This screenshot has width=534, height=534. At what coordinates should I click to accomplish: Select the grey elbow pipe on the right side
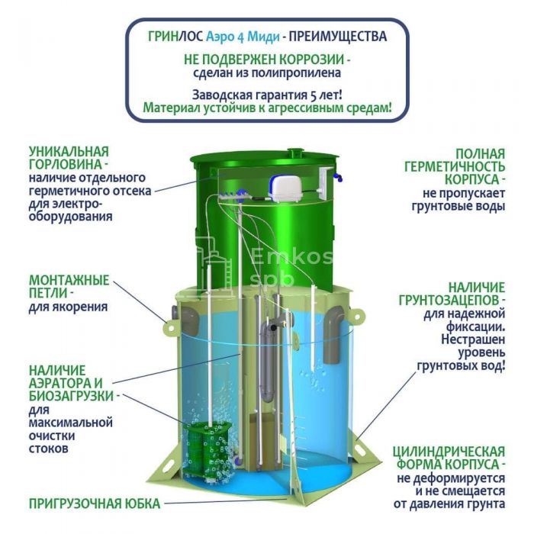tap(334, 334)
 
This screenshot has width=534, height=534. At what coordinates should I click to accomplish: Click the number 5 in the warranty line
tap(314, 95)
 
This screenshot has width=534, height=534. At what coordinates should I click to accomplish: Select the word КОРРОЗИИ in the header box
tap(311, 59)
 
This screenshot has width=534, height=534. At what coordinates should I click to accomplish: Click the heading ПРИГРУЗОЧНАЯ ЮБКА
tap(95, 503)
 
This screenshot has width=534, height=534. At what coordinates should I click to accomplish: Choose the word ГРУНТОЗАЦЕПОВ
tap(449, 301)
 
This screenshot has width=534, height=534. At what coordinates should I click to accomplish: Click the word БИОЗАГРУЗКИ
tap(71, 397)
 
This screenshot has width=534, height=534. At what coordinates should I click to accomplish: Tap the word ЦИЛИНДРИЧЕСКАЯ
tap(449, 452)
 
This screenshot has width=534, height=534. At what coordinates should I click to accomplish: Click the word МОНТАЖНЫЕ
tap(69, 280)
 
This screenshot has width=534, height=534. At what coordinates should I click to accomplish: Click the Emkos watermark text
tap(291, 258)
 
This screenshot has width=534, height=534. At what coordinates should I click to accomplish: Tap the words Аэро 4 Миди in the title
tap(243, 37)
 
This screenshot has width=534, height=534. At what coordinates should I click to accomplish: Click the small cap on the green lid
tap(296, 152)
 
